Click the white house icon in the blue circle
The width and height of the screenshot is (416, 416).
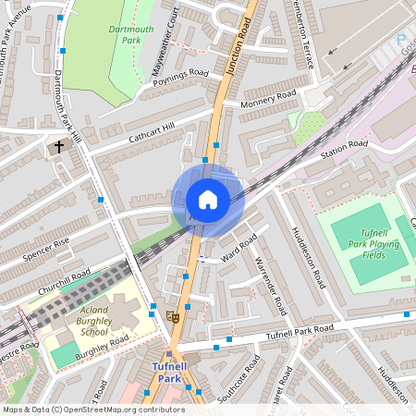(x=208, y=200)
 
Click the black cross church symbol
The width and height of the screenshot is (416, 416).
(x=59, y=146)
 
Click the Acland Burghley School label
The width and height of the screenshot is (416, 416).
(x=93, y=321)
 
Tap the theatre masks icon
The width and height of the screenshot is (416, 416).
(x=171, y=316)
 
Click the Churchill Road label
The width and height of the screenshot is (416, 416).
(x=64, y=282)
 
